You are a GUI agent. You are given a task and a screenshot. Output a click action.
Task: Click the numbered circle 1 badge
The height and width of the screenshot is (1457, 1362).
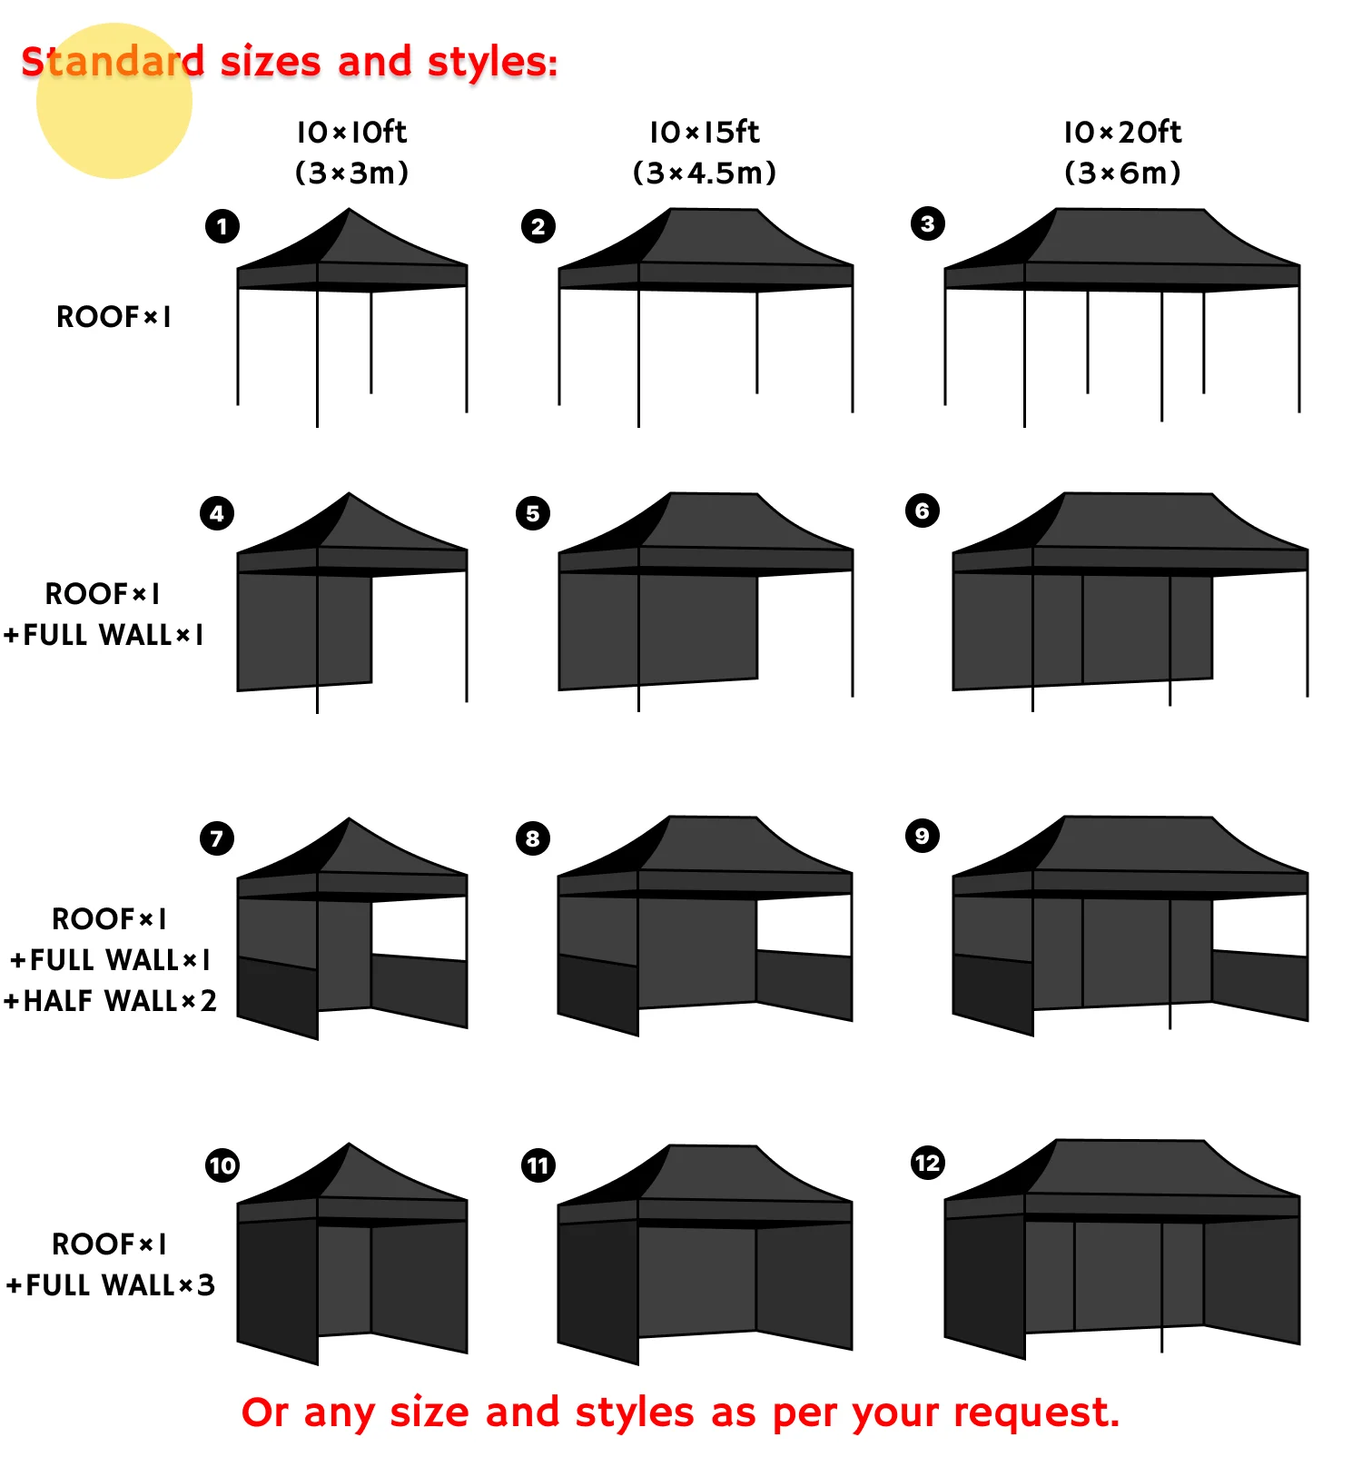pos(222,226)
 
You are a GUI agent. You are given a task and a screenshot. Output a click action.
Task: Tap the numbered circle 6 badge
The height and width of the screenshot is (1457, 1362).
pos(922,510)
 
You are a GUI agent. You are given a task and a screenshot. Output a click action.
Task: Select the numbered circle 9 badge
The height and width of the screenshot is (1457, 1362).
pos(922,836)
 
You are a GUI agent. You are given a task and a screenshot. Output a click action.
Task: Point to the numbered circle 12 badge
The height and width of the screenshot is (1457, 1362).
pos(927,1163)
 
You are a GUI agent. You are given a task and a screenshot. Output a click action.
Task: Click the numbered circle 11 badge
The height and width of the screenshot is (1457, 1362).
pos(538,1165)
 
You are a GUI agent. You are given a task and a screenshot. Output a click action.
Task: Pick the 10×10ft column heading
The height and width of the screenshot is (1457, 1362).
pos(351,133)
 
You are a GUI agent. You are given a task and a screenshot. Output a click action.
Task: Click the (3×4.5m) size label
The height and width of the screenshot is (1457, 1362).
pos(705,173)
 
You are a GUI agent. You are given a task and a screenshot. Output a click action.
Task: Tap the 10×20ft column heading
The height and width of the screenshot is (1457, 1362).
pos(1122,133)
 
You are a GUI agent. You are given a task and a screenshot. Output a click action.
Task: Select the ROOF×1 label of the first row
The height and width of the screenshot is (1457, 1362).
pos(113,317)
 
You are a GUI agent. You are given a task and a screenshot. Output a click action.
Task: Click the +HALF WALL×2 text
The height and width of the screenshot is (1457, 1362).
pos(110,1001)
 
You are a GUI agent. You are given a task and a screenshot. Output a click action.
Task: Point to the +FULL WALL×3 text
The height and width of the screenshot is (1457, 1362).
pos(110,1285)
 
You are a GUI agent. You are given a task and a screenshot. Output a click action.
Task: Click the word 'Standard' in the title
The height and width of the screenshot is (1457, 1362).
pos(113,62)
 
